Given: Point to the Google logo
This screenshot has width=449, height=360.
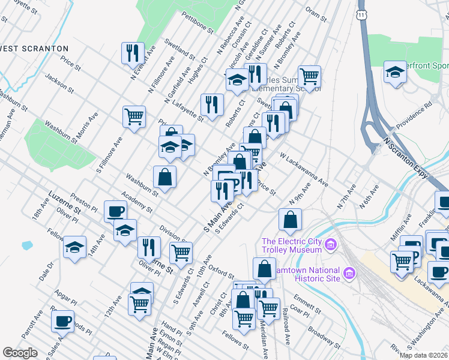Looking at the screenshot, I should (x=20, y=353).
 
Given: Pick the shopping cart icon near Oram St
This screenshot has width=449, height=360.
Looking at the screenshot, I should (x=310, y=76).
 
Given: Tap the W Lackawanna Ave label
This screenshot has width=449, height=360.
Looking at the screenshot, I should (x=303, y=169).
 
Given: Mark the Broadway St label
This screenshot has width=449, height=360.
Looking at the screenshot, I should (x=322, y=338).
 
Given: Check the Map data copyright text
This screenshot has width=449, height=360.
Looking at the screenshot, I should (x=423, y=355).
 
